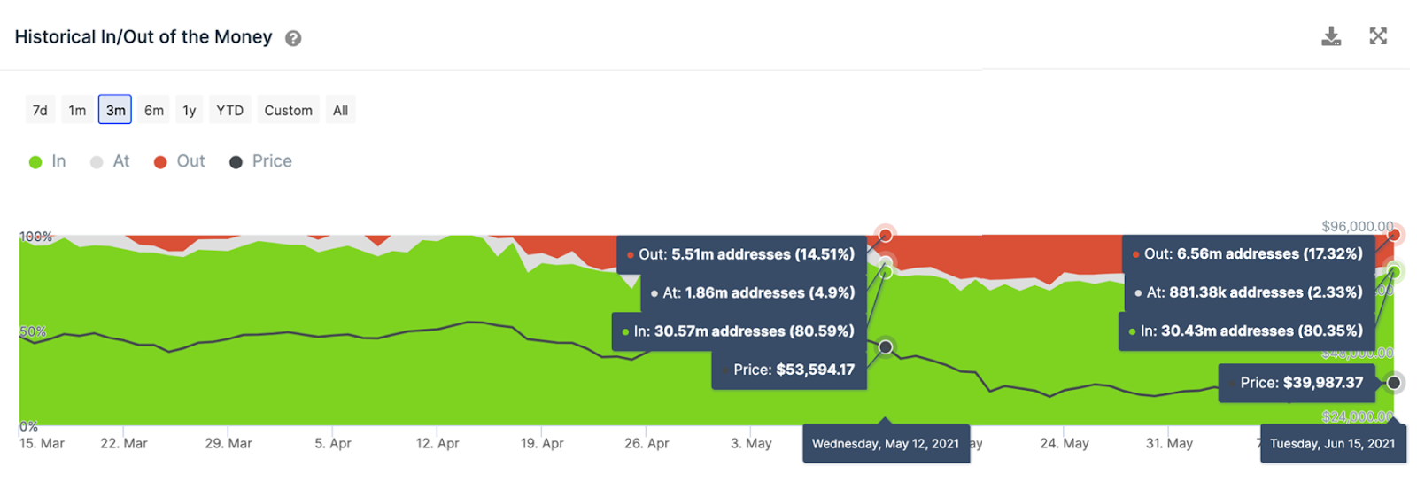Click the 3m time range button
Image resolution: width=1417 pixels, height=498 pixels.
(x=115, y=110)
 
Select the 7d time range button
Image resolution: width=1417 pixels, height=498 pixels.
(x=40, y=110)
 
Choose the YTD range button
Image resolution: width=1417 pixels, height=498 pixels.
(x=230, y=110)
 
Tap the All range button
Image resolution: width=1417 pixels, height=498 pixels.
(x=340, y=110)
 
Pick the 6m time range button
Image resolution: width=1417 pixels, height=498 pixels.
(x=154, y=110)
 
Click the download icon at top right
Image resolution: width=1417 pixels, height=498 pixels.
(x=1330, y=36)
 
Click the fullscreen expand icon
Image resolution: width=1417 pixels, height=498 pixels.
(x=1378, y=36)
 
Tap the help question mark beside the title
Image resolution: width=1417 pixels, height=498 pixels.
(x=293, y=38)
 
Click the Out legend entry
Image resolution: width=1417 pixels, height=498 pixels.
(x=180, y=161)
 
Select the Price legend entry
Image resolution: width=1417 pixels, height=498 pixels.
(x=261, y=161)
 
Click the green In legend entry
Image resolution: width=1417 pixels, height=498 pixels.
(x=48, y=161)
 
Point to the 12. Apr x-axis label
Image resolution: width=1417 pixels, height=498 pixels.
(x=437, y=443)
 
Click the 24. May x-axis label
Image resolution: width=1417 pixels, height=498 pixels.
(x=1064, y=443)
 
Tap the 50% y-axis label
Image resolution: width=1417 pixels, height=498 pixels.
(x=33, y=331)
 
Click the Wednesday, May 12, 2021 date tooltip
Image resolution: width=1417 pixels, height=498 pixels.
(x=886, y=444)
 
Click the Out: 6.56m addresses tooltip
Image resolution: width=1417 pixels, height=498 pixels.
(x=1248, y=254)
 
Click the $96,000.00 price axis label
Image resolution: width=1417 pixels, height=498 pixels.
(x=1357, y=226)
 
